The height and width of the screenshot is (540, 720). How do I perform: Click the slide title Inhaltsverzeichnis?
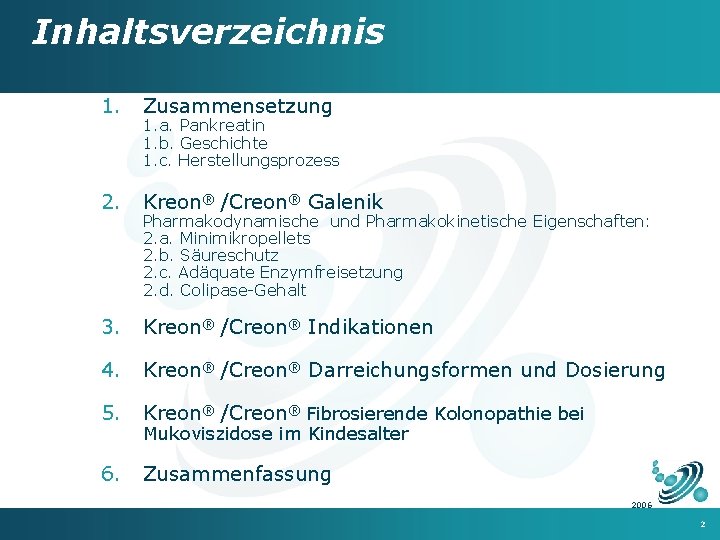coord(208,32)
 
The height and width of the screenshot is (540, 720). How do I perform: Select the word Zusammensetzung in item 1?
coord(238,106)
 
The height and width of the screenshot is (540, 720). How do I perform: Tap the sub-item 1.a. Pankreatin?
coord(204,126)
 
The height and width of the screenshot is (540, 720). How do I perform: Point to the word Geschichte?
coord(224,143)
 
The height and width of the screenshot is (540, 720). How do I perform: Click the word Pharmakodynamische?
coord(231,221)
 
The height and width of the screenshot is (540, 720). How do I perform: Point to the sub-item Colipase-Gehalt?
coord(243,291)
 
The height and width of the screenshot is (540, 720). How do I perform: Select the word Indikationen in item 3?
coord(370,327)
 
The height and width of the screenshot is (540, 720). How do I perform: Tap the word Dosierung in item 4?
coord(614,371)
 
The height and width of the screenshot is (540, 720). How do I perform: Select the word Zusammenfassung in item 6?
coord(237,474)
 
